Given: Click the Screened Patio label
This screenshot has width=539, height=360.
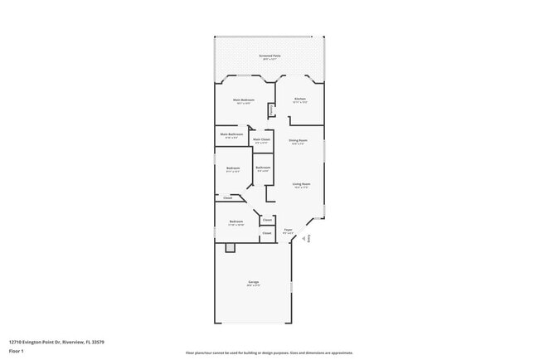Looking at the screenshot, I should click(x=269, y=56).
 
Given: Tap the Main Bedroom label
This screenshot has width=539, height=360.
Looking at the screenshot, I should click(x=241, y=100).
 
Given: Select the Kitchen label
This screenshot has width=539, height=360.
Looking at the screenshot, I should click(x=300, y=100).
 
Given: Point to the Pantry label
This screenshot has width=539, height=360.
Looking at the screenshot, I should click(x=270, y=109).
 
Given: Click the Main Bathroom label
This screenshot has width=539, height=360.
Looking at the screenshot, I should click(x=231, y=134).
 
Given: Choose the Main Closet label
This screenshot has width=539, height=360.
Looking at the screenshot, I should click(x=261, y=139).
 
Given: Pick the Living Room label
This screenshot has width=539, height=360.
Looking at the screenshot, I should click(x=300, y=183).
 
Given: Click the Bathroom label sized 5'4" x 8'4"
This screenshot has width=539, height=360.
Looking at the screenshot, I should click(x=263, y=168).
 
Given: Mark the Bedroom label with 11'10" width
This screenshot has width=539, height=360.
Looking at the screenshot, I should click(x=236, y=221).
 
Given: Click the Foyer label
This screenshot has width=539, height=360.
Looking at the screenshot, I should click(x=288, y=230).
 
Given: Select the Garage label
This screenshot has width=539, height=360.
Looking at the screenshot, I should click(x=253, y=282).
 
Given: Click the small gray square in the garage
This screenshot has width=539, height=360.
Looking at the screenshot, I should click(x=231, y=247).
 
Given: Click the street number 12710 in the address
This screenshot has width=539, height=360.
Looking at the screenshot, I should click(x=17, y=342).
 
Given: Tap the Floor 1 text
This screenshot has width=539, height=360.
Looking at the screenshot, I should click(x=17, y=351).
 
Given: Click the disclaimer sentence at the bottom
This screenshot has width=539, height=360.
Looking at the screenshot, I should click(x=269, y=353).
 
